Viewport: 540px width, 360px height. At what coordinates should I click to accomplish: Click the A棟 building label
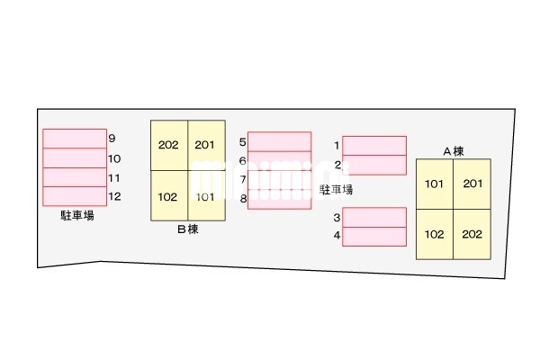click(454, 151)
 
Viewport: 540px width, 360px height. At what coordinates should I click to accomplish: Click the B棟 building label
click(188, 229)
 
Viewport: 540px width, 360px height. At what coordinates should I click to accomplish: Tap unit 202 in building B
click(169, 146)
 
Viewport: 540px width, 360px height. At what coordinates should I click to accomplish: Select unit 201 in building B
click(207, 146)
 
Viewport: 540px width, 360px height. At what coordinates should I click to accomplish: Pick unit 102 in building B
click(169, 195)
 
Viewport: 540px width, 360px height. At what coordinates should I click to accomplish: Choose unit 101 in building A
click(435, 184)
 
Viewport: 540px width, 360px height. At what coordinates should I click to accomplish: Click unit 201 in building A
click(472, 184)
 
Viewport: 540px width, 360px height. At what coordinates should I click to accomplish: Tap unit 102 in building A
click(435, 234)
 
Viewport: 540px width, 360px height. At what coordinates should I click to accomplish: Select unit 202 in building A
click(472, 234)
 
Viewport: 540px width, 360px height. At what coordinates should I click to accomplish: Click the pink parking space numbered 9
click(75, 139)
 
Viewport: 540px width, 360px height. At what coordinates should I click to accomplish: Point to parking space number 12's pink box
click(75, 196)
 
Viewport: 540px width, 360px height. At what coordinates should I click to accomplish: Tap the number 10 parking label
click(114, 158)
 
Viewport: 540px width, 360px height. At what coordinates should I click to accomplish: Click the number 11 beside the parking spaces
click(114, 178)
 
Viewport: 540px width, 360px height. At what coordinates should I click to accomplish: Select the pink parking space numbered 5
click(280, 141)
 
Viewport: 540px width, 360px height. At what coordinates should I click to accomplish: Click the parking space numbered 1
click(374, 146)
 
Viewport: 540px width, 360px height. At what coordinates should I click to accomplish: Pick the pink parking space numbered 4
click(374, 237)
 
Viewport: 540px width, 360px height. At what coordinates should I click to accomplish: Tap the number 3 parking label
click(337, 218)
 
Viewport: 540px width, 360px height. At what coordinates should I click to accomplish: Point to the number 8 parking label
click(244, 199)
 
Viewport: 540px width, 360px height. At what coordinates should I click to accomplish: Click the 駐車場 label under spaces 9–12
click(77, 216)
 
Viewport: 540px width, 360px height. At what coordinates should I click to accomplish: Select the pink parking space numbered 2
click(374, 165)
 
